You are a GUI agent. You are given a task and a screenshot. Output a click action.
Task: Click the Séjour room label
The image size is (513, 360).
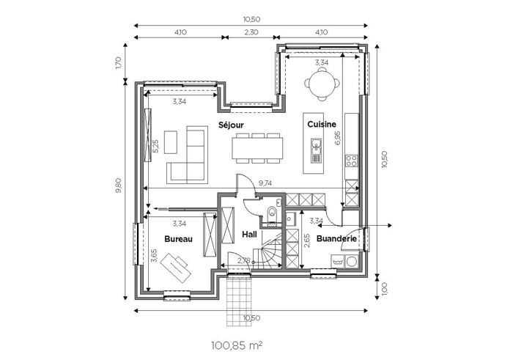(232, 125)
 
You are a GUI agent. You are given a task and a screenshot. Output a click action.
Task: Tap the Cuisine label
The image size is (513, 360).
(322, 125)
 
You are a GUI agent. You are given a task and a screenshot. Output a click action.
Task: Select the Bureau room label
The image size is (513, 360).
(178, 239)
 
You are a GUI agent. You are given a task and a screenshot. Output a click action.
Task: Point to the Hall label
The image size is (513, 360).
(249, 235)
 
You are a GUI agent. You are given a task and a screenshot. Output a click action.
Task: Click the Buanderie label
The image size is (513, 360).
(336, 239)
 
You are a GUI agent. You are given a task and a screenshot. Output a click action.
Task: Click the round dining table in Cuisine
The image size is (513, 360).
(322, 84)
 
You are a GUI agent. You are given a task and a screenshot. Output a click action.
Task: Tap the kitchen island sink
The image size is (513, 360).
(317, 150)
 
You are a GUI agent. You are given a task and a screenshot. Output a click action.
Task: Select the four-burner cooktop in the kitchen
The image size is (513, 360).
(352, 161)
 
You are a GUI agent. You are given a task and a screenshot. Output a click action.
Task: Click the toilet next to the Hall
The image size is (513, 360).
(272, 214)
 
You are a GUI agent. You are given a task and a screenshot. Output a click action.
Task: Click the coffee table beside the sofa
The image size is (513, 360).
(171, 142)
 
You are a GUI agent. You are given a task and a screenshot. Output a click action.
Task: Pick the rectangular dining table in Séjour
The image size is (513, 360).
(258, 149)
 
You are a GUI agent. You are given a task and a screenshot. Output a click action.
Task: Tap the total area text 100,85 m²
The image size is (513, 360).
(237, 345)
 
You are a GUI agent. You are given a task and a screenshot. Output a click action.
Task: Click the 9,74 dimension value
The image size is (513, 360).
(265, 183)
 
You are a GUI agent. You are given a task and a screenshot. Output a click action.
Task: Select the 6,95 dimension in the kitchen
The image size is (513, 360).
(338, 138)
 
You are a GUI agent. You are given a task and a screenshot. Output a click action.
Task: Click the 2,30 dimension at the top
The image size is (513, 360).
(251, 32)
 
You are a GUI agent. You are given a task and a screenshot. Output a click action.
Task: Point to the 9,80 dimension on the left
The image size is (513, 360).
(119, 185)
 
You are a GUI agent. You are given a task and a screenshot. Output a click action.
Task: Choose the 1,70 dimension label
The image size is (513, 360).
(119, 63)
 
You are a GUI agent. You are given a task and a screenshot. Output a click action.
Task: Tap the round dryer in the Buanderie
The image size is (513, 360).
(352, 262)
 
